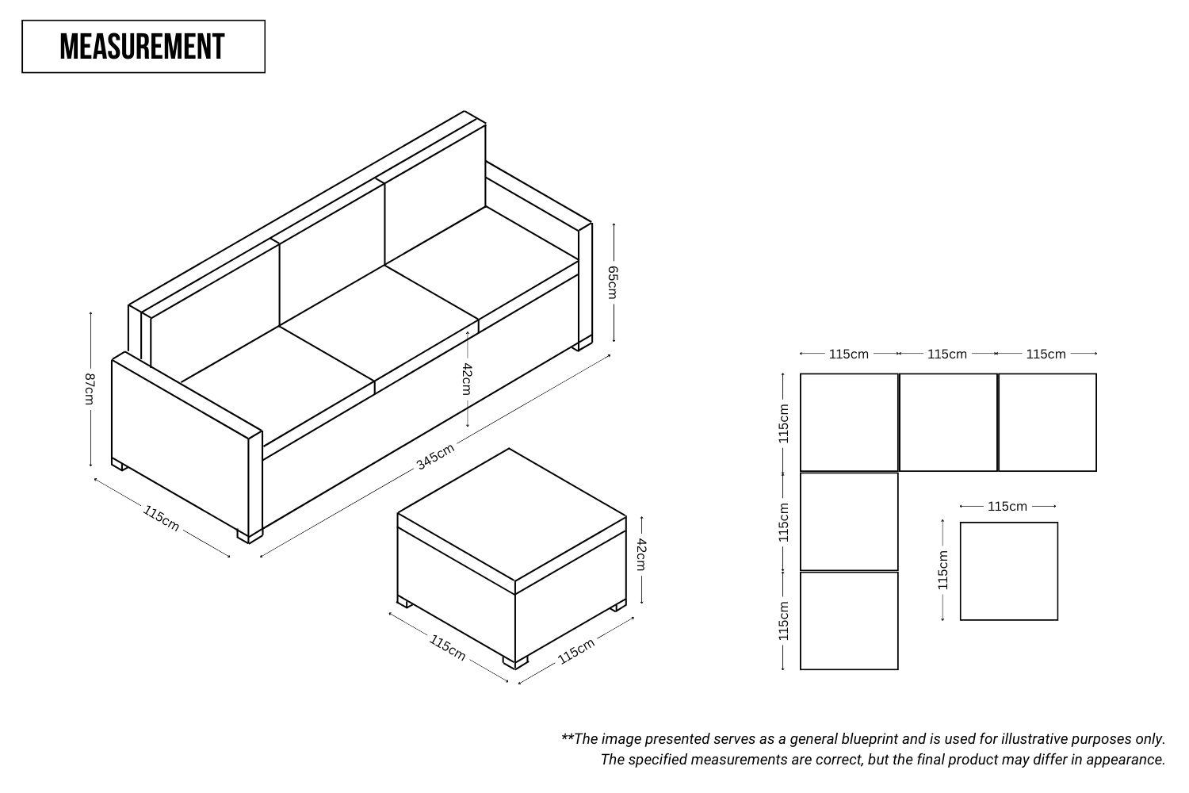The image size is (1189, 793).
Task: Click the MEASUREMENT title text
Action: (142, 47)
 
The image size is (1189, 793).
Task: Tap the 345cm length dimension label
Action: (435, 456)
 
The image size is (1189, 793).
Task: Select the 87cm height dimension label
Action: (89, 389)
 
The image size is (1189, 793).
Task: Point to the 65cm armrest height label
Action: (613, 282)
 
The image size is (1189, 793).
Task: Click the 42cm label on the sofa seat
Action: (467, 379)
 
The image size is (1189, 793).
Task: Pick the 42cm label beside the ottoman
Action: (641, 554)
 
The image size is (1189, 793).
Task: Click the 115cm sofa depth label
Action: (161, 518)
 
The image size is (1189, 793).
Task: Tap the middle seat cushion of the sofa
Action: (380, 323)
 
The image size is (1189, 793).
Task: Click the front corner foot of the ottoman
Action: (515, 662)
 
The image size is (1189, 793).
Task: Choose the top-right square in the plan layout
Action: (1047, 422)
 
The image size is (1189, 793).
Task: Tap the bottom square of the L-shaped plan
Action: (849, 620)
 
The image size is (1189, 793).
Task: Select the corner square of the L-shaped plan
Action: (849, 422)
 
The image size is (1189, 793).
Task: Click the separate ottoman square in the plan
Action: (1009, 571)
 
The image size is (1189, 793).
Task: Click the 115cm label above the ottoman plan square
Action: (1007, 506)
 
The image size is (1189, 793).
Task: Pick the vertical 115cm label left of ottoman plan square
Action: (942, 570)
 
